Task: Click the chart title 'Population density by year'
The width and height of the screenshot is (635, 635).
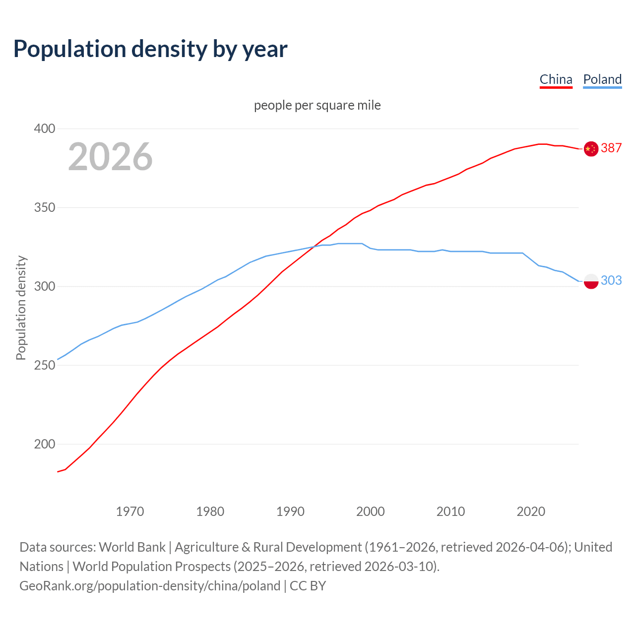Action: click(150, 49)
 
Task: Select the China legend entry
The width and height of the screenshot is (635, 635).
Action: click(556, 79)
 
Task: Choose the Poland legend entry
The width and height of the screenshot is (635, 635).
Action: click(602, 79)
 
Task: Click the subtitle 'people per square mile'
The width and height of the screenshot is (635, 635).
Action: click(317, 105)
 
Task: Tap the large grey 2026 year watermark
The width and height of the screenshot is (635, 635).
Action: click(110, 157)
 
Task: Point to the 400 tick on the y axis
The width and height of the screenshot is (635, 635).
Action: click(44, 128)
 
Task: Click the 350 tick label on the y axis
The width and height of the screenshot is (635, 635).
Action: click(44, 207)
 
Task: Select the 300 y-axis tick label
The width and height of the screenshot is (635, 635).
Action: click(44, 286)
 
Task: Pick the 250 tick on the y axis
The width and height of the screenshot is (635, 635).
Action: click(44, 365)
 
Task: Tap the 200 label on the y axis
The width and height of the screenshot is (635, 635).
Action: click(44, 444)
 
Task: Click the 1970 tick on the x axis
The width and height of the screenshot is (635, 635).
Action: click(130, 511)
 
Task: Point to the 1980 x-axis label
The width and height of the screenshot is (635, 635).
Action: click(210, 511)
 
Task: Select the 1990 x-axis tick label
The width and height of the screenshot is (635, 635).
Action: click(290, 511)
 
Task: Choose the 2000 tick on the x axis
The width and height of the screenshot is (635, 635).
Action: click(371, 511)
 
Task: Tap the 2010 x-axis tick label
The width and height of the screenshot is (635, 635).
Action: click(450, 511)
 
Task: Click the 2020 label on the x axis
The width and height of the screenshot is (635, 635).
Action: click(531, 511)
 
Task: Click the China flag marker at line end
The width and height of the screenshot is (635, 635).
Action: click(591, 148)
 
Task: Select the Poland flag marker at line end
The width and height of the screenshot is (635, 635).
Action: click(591, 281)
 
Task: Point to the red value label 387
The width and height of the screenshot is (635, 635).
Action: click(611, 148)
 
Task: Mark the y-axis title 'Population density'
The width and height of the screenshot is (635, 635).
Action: click(21, 308)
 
